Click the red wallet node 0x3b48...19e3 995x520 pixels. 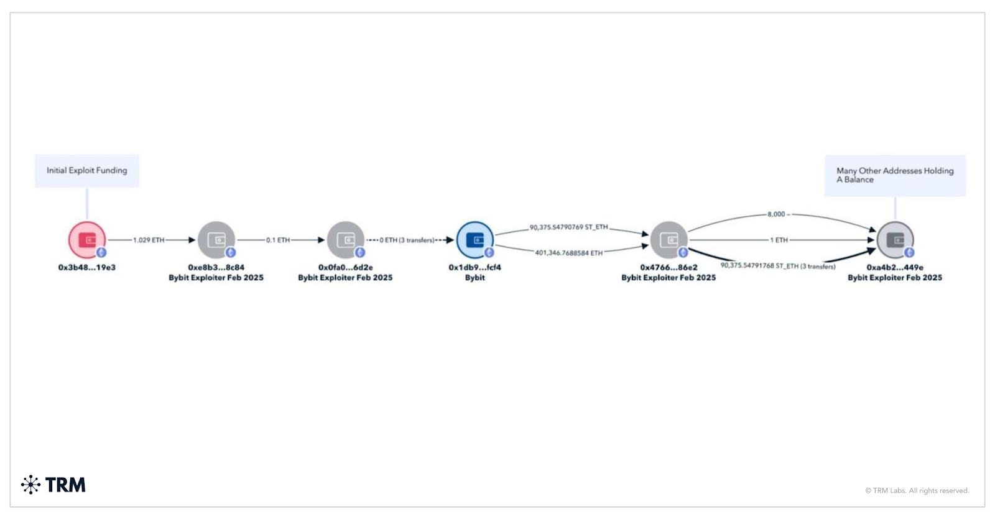click(87, 240)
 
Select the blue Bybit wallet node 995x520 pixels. click(475, 240)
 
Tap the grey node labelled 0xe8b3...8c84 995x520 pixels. click(216, 240)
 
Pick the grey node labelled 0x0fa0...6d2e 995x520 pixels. click(346, 240)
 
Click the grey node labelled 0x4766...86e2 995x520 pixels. click(669, 240)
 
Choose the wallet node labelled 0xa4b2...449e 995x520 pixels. click(895, 240)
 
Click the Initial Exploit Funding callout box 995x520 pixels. click(87, 171)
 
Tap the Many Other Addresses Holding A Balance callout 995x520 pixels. click(895, 175)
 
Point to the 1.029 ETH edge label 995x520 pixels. click(149, 240)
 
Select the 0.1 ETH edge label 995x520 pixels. click(278, 240)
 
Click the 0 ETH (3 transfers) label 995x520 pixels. click(407, 240)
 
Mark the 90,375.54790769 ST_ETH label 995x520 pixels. click(568, 227)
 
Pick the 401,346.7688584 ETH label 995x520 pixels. click(568, 253)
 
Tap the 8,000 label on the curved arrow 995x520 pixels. click(777, 214)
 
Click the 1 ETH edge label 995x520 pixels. click(779, 240)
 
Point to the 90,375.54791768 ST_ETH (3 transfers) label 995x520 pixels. click(778, 266)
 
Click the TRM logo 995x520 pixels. click(53, 485)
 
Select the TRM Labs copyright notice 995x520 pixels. click(917, 491)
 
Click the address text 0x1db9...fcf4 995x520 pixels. click(474, 268)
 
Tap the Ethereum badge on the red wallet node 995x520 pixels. click(101, 252)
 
